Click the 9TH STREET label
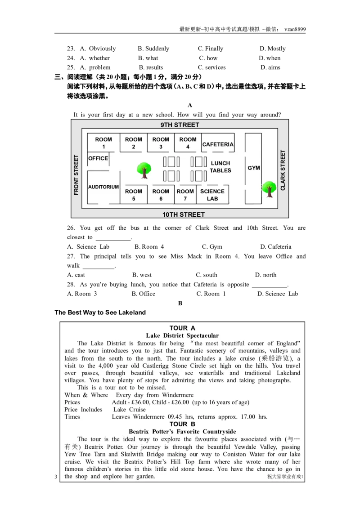[x=180, y=125]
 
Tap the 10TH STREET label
[x=184, y=214]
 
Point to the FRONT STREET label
[x=76, y=175]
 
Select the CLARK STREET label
[x=283, y=170]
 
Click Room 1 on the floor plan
[x=103, y=143]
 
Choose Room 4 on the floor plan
[x=188, y=143]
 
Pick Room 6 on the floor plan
[x=161, y=195]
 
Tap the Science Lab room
[x=212, y=195]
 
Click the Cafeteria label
[x=218, y=144]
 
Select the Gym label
[x=254, y=168]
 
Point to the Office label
[x=98, y=158]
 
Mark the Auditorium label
[x=103, y=187]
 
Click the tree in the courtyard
[x=144, y=170]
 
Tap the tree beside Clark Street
[x=269, y=188]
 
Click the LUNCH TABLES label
[x=220, y=167]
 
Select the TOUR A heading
[x=182, y=328]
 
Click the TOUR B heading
[x=182, y=424]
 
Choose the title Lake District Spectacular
[x=182, y=335]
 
